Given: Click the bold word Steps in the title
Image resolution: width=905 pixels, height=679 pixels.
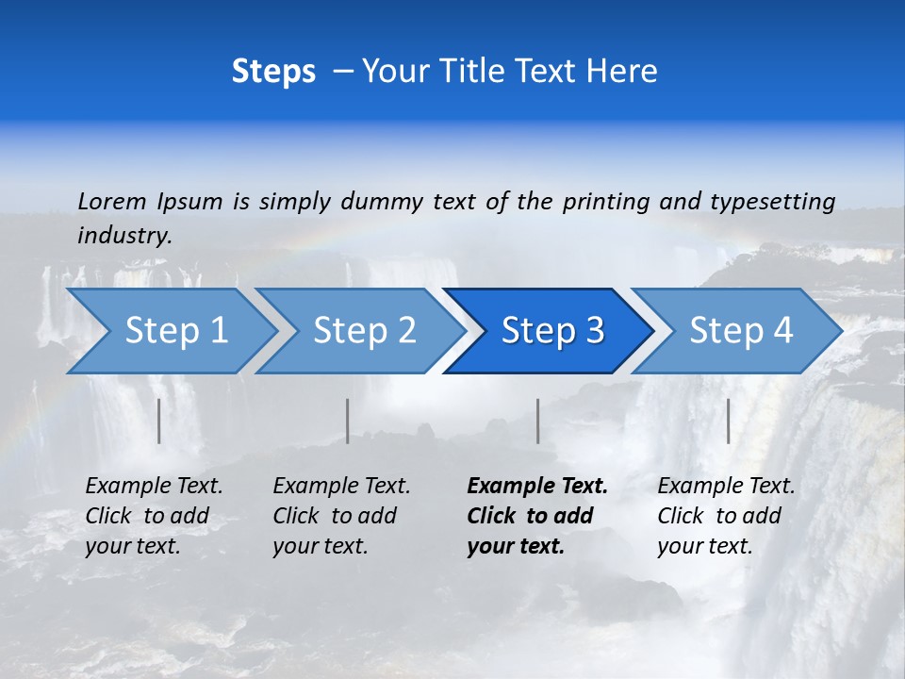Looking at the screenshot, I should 273,72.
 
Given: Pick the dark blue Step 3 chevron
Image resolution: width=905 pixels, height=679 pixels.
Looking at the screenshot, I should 552,331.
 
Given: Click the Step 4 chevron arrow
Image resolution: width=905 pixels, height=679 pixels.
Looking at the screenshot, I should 741,331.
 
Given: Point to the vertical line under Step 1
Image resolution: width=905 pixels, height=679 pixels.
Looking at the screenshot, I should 159,421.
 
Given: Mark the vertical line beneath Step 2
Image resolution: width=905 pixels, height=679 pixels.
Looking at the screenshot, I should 348,421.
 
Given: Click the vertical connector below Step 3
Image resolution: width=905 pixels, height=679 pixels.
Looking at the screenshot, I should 537,421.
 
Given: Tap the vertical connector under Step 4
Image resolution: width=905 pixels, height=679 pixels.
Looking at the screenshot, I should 728,421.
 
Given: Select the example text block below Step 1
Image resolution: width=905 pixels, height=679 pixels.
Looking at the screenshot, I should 154,516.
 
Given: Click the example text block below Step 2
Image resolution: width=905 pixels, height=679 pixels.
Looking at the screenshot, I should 341,516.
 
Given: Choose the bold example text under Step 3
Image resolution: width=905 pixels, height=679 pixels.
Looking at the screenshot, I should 537,516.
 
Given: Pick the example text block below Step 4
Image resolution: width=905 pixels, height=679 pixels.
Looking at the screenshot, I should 726,516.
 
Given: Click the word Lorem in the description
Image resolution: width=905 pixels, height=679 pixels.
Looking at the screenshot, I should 111,201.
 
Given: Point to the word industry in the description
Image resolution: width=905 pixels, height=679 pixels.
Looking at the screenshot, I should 123,236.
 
